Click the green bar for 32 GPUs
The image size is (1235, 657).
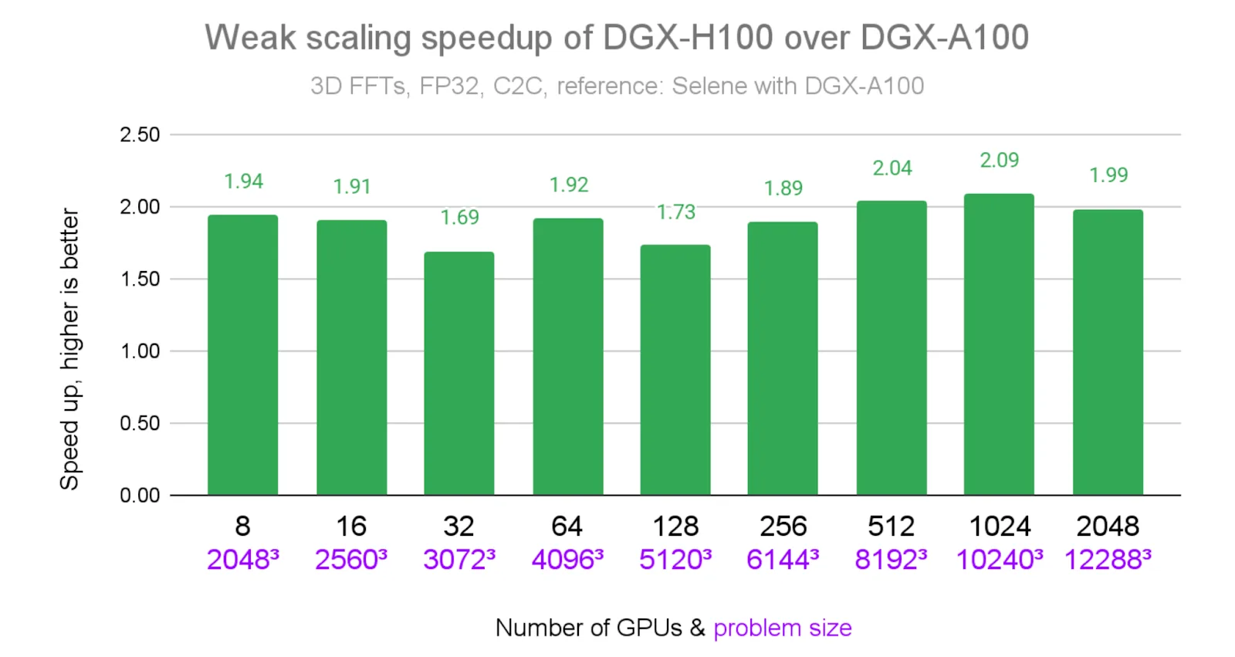[x=458, y=374]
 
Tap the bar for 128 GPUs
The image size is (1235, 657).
[x=675, y=370]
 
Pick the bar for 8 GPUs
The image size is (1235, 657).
[x=242, y=355]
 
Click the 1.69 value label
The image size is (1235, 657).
[x=459, y=218]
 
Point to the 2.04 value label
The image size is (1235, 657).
[x=892, y=168]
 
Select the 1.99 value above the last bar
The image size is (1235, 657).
[x=1108, y=175]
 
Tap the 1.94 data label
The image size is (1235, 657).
[x=243, y=181]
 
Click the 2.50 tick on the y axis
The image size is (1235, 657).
[x=140, y=135]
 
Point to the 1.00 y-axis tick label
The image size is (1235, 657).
[x=140, y=351]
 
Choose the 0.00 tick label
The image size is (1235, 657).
[x=140, y=496]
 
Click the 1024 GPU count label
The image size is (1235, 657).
[x=999, y=527]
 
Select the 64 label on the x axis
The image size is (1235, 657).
[x=567, y=527]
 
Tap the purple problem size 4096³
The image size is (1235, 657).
[x=567, y=560]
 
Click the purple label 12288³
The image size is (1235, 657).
[x=1107, y=560]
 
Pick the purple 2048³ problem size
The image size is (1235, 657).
[x=242, y=560]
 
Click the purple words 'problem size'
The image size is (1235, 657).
[x=782, y=628]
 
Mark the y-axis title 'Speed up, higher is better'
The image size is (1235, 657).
[x=69, y=349]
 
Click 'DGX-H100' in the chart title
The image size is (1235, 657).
[x=688, y=37]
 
